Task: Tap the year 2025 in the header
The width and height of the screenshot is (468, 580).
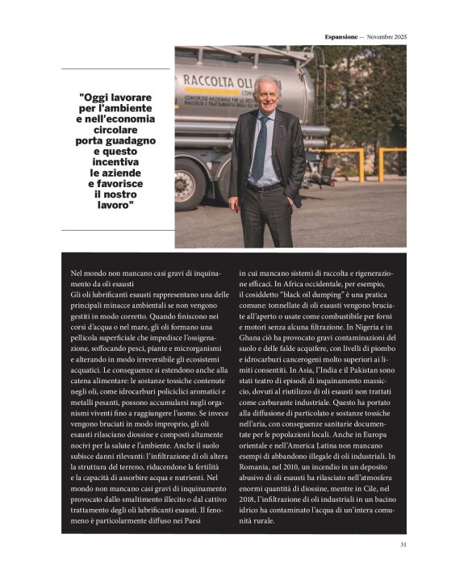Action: (398, 36)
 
